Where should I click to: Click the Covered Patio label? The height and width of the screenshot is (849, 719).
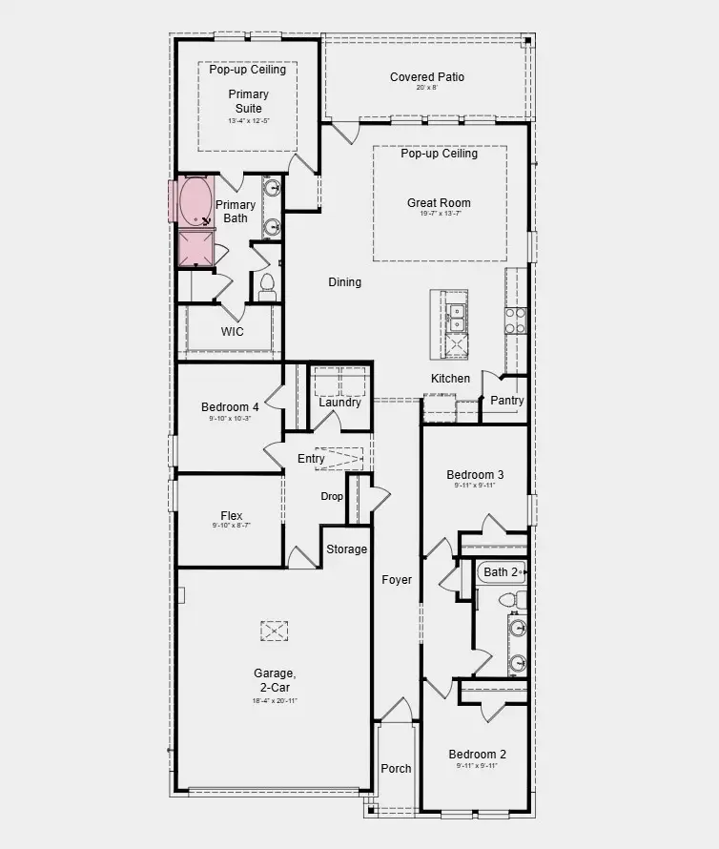click(426, 77)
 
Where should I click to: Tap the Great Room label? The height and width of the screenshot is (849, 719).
click(439, 202)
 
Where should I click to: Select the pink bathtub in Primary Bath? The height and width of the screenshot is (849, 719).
click(195, 201)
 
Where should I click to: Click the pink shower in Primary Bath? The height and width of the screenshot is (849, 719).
click(197, 249)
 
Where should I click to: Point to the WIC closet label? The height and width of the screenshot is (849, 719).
click(233, 332)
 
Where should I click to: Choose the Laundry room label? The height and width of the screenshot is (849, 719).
click(339, 403)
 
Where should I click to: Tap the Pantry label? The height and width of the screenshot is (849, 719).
click(506, 401)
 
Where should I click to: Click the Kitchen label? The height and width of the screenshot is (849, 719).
click(450, 379)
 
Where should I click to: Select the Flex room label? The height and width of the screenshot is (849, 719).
click(231, 516)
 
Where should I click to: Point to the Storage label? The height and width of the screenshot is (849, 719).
click(346, 549)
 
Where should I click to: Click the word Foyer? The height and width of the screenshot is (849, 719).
click(397, 579)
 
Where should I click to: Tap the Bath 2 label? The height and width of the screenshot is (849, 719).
click(501, 572)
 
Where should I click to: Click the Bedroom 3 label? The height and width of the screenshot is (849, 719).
click(475, 475)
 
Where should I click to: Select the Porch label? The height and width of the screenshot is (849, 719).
click(396, 769)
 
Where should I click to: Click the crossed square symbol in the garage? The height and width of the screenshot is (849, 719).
click(275, 631)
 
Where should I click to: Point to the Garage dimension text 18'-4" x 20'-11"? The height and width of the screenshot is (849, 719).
click(275, 701)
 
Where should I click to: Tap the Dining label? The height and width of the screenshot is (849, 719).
click(344, 281)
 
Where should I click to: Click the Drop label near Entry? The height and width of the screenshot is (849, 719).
click(332, 496)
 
